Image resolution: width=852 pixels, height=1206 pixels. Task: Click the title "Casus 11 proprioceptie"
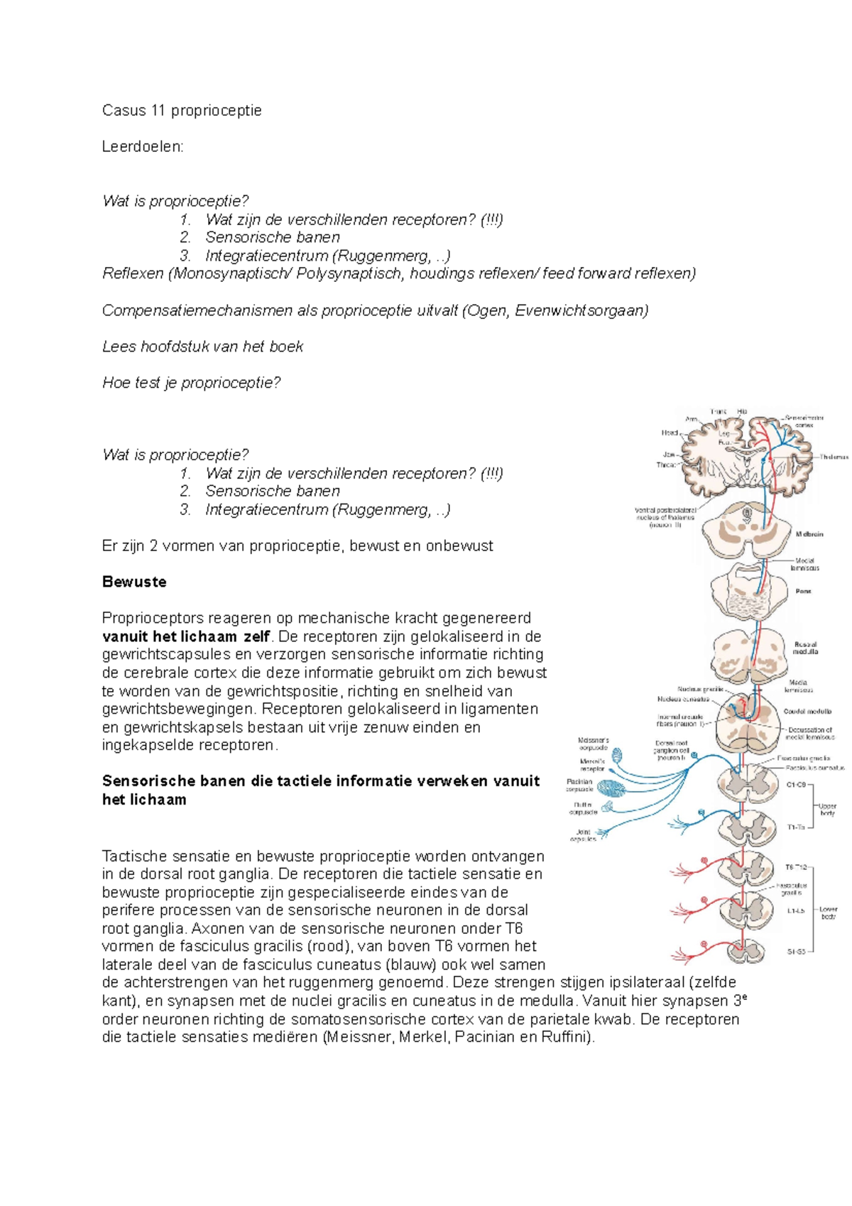click(182, 110)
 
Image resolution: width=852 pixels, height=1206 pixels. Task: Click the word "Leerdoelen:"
click(143, 146)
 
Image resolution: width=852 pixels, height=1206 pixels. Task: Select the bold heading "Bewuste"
click(134, 582)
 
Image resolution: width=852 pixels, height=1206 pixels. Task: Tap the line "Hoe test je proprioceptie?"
click(192, 383)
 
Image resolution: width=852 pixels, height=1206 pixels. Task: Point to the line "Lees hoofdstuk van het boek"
click(202, 347)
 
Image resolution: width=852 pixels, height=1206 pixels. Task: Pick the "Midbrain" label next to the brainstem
click(809, 533)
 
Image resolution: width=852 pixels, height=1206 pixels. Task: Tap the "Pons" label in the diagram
click(803, 591)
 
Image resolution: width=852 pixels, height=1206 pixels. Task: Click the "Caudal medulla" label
click(807, 711)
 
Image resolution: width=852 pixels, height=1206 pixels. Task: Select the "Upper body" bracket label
click(827, 809)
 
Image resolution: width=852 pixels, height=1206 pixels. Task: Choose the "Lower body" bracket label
click(828, 912)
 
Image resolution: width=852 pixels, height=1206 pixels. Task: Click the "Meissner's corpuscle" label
click(594, 744)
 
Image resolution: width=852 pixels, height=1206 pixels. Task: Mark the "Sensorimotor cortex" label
click(804, 421)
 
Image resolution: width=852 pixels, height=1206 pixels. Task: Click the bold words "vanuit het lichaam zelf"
click(186, 636)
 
